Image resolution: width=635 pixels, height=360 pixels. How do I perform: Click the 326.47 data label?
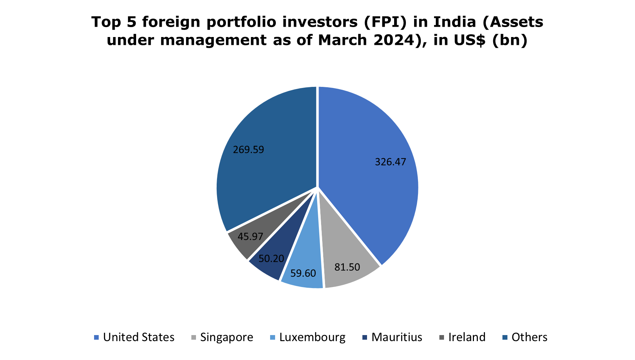390,162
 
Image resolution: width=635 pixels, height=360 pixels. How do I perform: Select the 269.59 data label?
248,150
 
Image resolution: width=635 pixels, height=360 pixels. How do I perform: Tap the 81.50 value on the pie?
347,267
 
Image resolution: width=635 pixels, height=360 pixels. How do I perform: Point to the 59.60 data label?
303,273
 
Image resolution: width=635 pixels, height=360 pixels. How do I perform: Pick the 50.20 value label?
271,259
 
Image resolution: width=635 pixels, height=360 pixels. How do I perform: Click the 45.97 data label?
250,236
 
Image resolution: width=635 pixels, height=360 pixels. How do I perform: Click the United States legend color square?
96,337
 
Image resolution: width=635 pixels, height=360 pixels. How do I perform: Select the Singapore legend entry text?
227,337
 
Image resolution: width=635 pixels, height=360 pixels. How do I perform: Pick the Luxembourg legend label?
312,337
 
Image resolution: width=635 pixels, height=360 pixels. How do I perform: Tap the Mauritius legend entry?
397,337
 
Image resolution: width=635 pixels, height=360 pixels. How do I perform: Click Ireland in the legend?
467,337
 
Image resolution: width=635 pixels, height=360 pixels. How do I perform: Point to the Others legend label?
529,337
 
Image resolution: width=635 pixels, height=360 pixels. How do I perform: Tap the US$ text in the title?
469,40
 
